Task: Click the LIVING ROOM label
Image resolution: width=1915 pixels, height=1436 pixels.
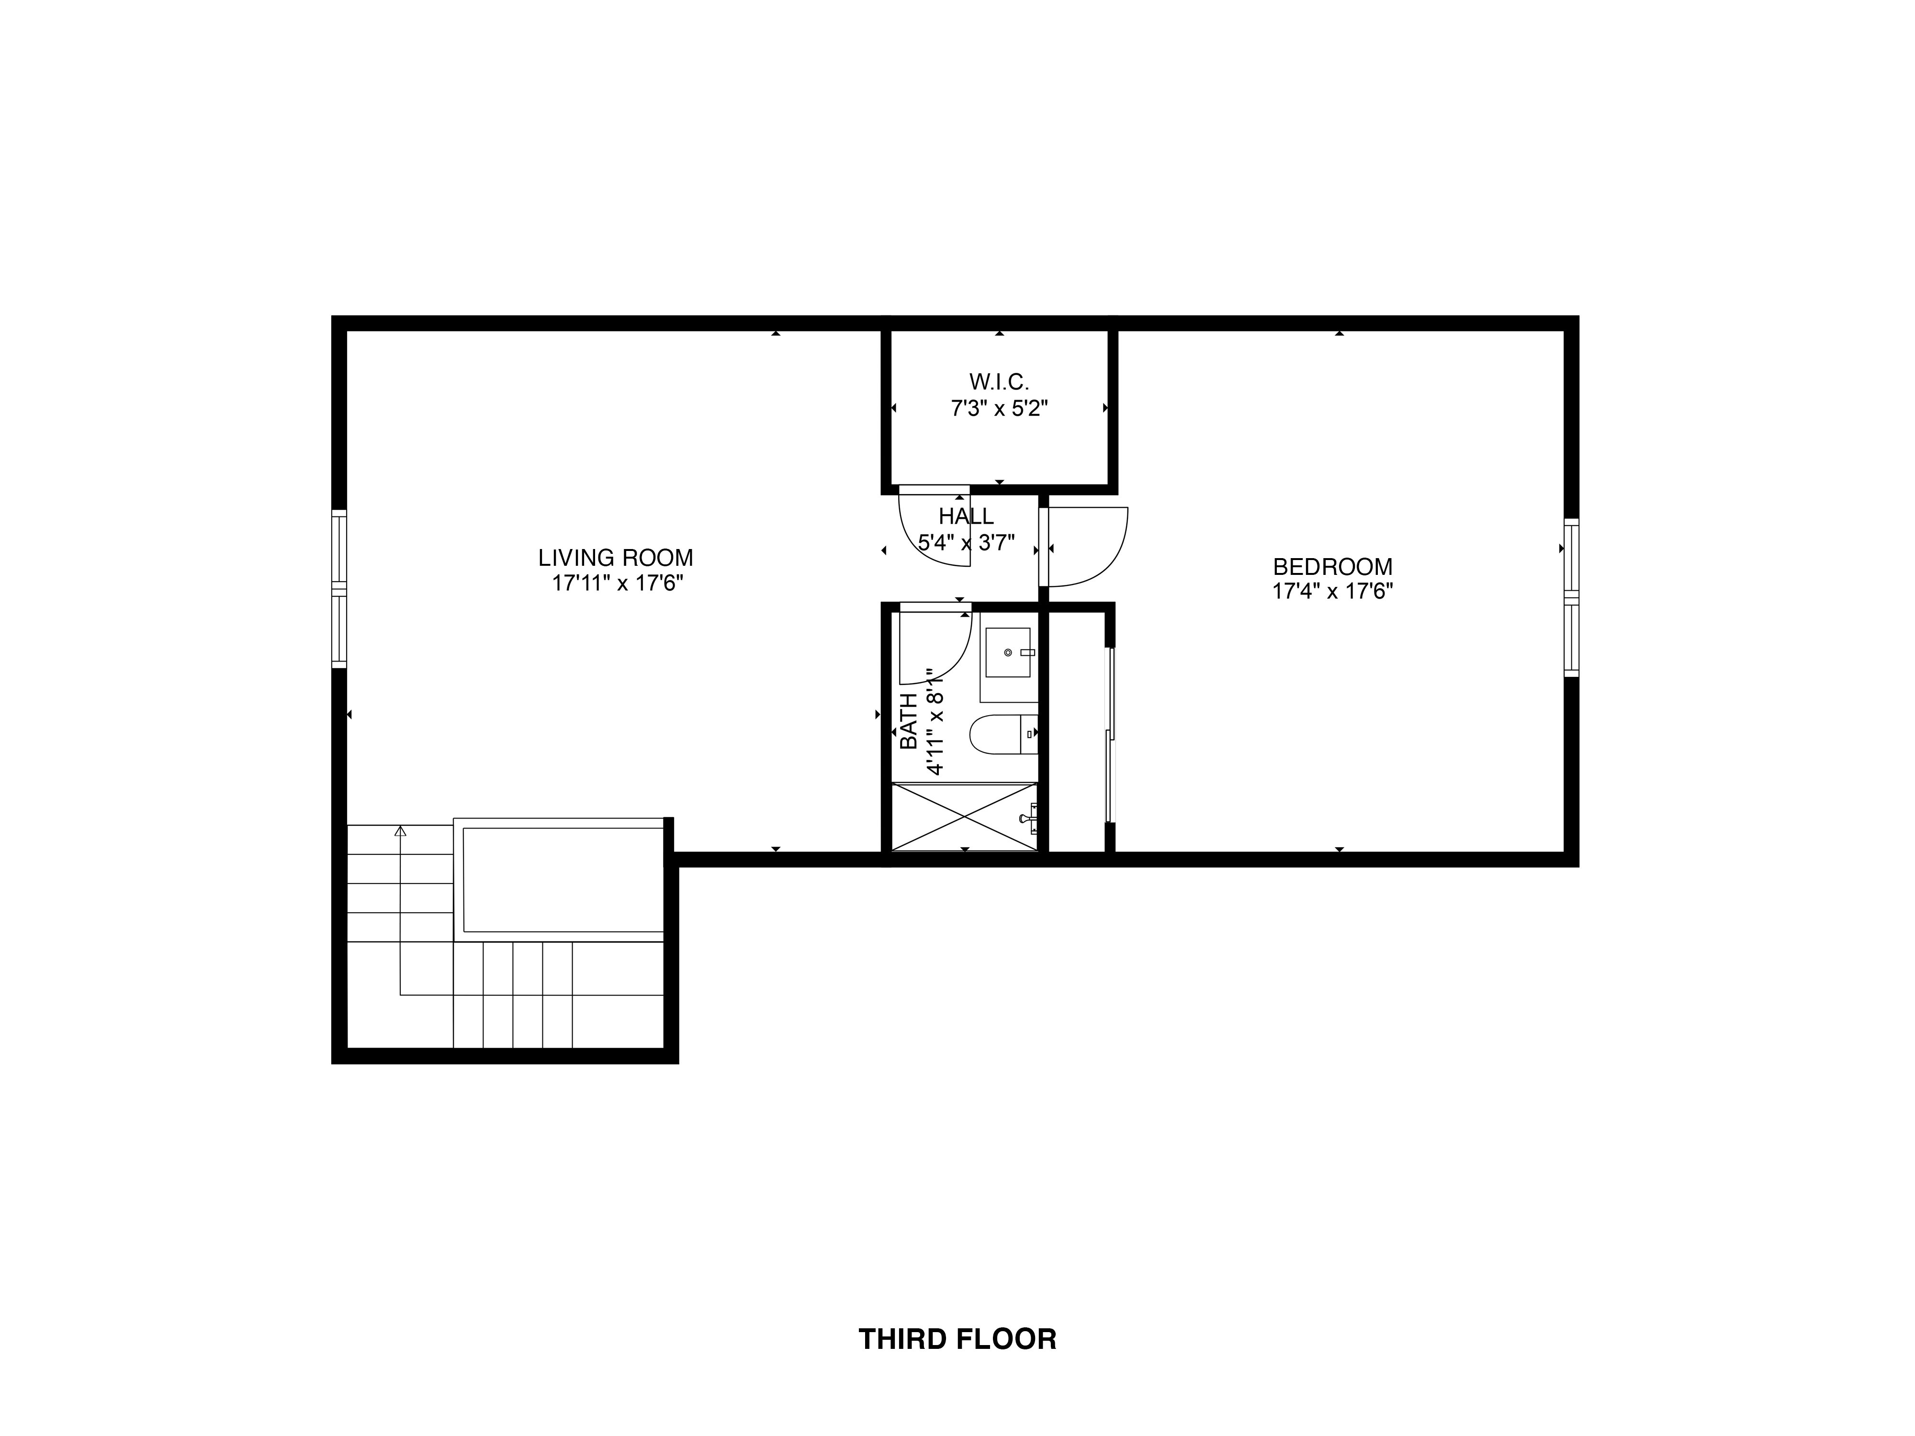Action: [x=616, y=558]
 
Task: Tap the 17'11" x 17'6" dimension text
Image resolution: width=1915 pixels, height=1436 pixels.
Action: [x=617, y=583]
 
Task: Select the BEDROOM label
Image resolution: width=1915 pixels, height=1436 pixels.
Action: [x=1332, y=567]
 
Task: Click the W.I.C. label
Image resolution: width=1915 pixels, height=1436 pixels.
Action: [x=999, y=381]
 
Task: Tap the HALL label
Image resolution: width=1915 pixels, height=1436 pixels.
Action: [x=966, y=517]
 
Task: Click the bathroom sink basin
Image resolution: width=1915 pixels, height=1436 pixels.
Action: [x=1008, y=652]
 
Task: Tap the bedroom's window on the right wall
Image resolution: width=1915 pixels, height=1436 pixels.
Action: [x=1571, y=597]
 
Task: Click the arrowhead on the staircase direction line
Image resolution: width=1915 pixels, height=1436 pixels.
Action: [x=400, y=831]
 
